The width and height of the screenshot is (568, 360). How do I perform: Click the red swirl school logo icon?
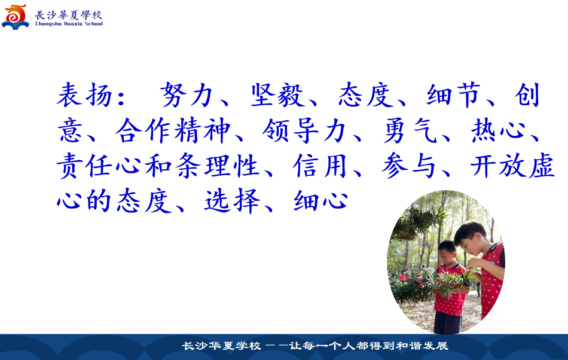[15, 17]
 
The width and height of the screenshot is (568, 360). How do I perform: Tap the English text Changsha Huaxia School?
[69, 24]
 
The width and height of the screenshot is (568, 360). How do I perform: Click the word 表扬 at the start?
[84, 95]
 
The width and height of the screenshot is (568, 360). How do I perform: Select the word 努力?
[186, 95]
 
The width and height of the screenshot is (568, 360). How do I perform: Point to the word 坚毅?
[277, 95]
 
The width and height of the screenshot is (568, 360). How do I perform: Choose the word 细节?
[454, 95]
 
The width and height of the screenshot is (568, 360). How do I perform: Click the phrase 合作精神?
[173, 130]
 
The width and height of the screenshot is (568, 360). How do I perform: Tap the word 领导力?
[304, 130]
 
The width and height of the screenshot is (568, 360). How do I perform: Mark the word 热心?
[498, 130]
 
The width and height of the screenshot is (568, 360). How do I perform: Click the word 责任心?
[99, 166]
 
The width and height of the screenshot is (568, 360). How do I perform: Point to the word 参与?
[408, 166]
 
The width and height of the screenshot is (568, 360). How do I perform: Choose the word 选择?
[232, 201]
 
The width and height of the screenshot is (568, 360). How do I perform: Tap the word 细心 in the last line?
[321, 201]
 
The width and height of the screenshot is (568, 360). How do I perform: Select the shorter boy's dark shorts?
[448, 323]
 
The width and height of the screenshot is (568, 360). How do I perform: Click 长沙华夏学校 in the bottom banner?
[221, 346]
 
